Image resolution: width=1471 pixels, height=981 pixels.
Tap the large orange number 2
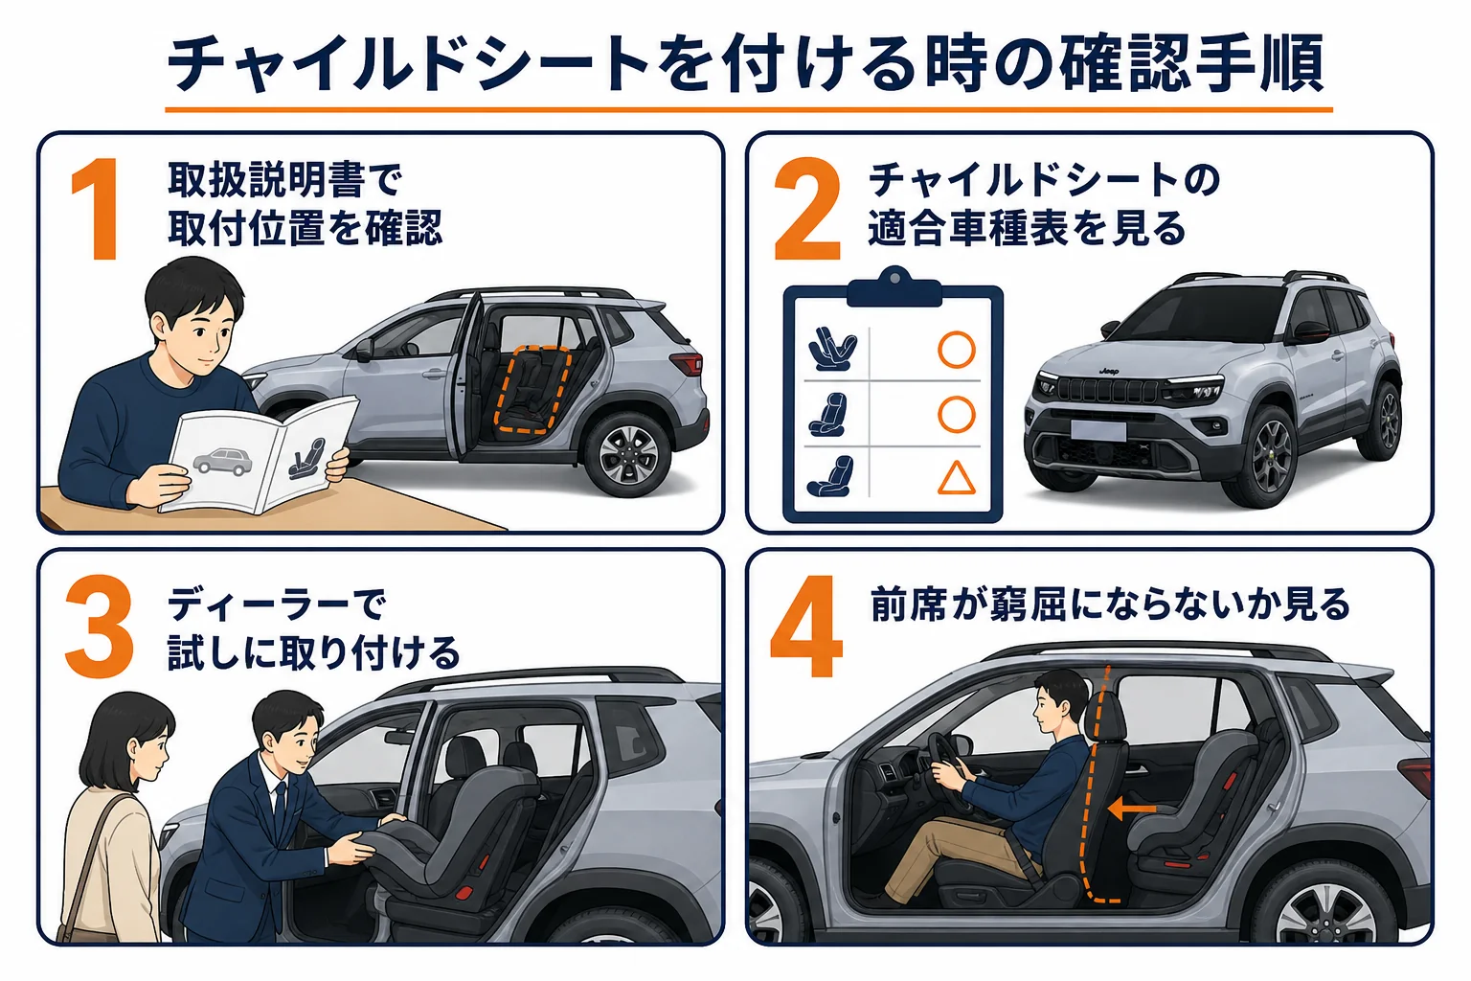pos(807,210)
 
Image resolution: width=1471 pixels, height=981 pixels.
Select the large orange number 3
pos(100,627)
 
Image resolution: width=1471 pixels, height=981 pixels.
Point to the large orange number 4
pos(807,627)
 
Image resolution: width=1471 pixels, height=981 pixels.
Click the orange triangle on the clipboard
pos(956,478)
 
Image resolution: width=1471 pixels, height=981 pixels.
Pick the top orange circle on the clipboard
pos(956,350)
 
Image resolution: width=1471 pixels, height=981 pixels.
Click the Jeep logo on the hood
pos(1109,372)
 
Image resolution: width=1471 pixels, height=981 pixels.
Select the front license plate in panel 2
pos(1098,431)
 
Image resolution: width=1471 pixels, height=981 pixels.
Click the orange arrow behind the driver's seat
pos(1131,810)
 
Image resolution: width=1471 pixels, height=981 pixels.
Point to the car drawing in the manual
pos(222,462)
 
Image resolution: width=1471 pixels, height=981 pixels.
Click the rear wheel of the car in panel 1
pos(627,453)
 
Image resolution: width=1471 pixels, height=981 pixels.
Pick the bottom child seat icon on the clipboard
pos(830,476)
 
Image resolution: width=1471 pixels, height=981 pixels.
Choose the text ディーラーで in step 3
pos(276,605)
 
